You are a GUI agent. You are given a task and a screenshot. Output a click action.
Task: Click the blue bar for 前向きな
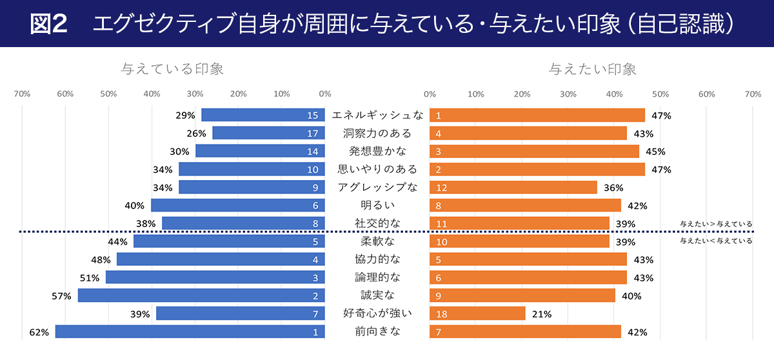click(x=190, y=332)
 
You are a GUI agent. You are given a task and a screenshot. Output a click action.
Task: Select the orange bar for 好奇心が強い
click(x=477, y=314)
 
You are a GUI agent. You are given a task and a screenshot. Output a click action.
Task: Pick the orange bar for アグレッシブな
click(x=513, y=188)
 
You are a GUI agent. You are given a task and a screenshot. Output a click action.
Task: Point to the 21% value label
click(x=542, y=314)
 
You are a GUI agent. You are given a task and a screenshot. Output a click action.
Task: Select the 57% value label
click(x=61, y=296)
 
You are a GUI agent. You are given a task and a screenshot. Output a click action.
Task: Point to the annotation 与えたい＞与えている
click(x=716, y=225)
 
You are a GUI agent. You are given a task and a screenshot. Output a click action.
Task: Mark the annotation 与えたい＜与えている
click(x=716, y=241)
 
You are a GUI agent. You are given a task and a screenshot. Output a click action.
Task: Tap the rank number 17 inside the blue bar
click(x=313, y=134)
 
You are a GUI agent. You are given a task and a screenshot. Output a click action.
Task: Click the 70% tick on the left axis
click(x=22, y=94)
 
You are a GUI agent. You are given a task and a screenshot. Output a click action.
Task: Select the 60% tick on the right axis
click(x=707, y=94)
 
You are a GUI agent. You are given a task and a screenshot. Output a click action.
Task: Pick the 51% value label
click(x=89, y=278)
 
